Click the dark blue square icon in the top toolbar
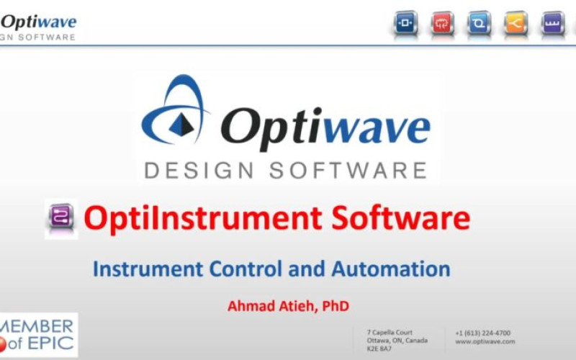tap(406, 23)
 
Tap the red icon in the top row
tap(443, 23)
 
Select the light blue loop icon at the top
tap(479, 23)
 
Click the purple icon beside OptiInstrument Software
tap(60, 218)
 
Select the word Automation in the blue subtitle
tap(391, 269)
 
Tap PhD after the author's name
tap(336, 306)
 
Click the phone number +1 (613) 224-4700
tap(482, 333)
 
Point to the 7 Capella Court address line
tap(390, 333)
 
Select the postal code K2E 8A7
tap(377, 348)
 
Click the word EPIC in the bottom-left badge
tap(50, 343)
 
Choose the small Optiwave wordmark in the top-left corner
tap(39, 22)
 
